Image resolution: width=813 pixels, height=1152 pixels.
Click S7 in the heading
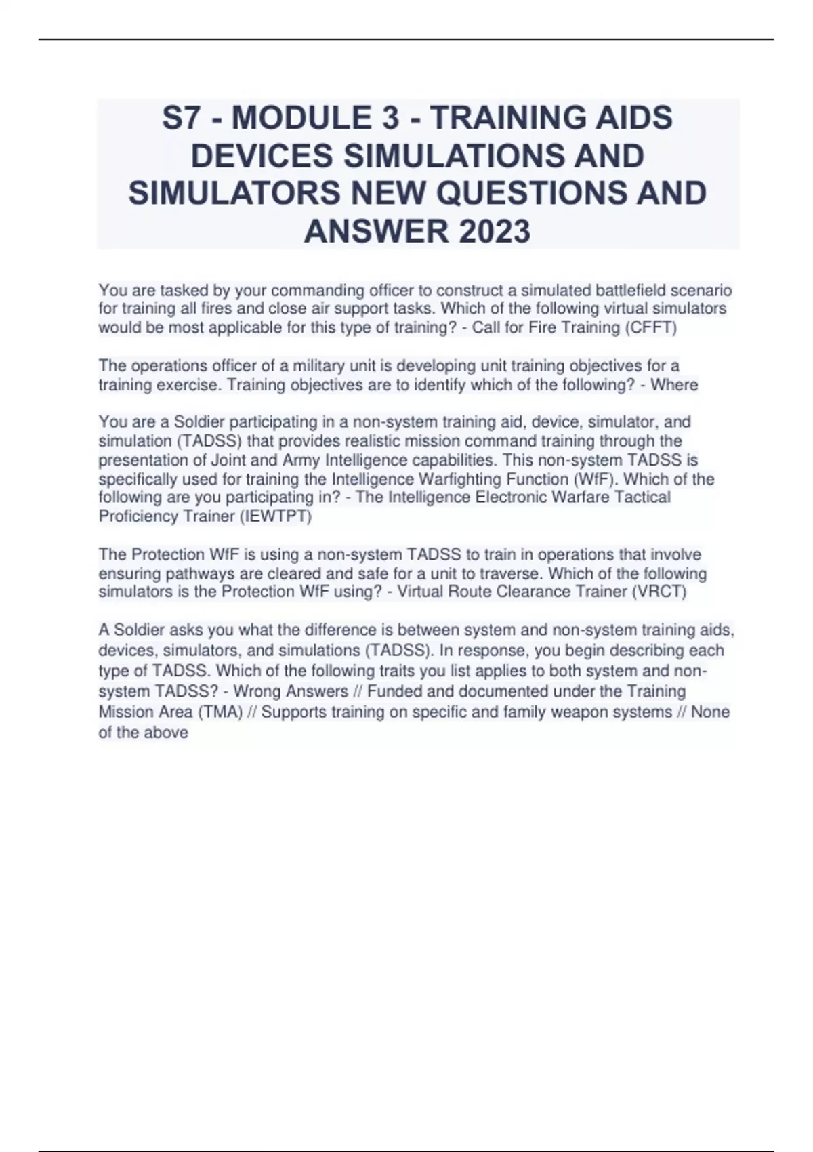pyautogui.click(x=182, y=119)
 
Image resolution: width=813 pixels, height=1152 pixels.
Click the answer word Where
pyautogui.click(x=674, y=385)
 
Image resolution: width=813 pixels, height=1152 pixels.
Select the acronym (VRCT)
pyautogui.click(x=659, y=592)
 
